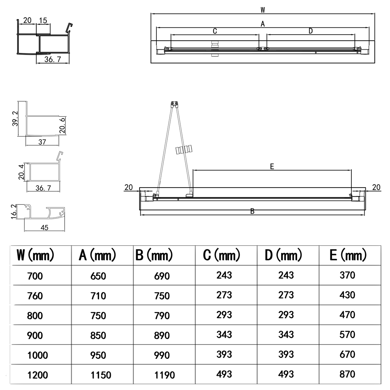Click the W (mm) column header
35,255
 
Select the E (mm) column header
348,255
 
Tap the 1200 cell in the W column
37,375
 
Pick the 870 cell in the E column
347,374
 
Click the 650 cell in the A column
98,276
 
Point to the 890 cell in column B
162,335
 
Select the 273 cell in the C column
224,295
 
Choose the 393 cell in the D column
286,355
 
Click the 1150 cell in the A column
101,375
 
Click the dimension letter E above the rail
272,167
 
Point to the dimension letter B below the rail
252,211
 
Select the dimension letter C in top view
215,31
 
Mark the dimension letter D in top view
310,31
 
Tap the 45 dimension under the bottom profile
44,228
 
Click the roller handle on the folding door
184,150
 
